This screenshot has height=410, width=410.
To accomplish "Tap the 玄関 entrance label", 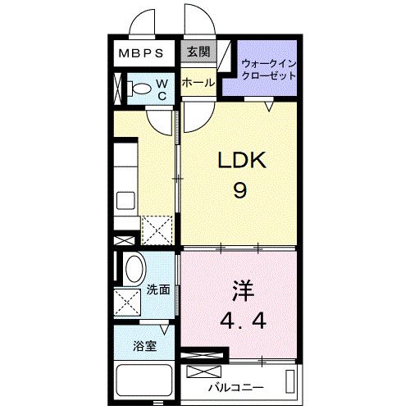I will click(x=198, y=52).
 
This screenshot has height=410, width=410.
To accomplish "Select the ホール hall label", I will click(x=198, y=84).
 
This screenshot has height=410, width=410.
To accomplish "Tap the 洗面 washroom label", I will click(x=158, y=289).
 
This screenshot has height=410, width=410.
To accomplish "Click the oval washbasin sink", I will click(x=133, y=269).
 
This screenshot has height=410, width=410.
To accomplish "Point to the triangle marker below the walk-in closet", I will click(x=268, y=104).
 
